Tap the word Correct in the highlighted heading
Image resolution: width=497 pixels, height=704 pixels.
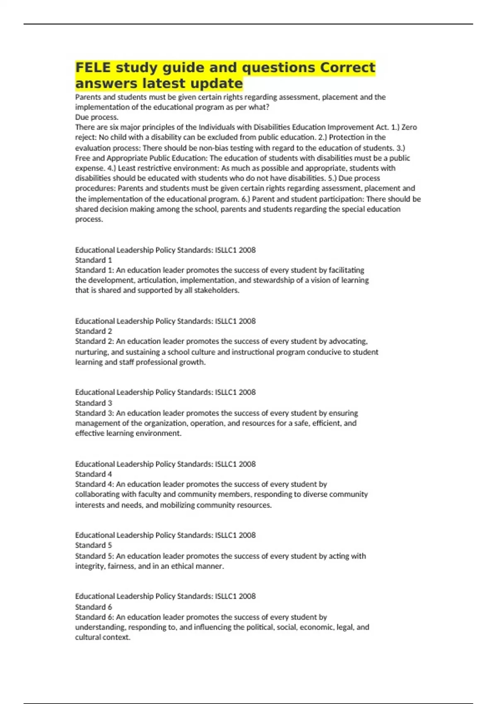[x=347, y=67]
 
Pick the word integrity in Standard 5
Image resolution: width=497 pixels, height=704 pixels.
[x=89, y=566]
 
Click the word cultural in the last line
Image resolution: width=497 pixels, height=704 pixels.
[x=87, y=637]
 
